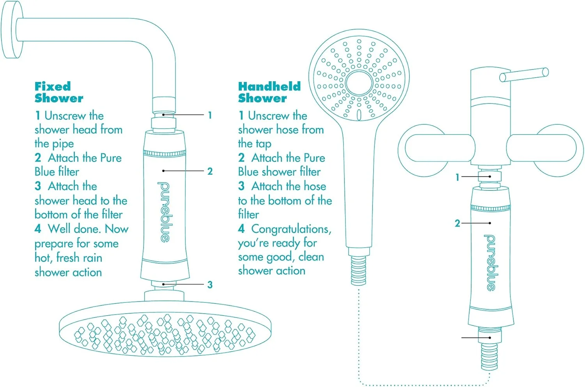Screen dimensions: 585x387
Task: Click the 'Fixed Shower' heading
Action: click(x=59, y=92)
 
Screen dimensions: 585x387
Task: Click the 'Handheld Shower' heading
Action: click(x=269, y=92)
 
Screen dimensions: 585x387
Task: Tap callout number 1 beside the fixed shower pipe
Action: click(x=210, y=115)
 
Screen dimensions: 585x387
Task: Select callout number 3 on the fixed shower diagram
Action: click(x=210, y=284)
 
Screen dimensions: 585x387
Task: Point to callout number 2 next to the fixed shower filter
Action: click(x=210, y=171)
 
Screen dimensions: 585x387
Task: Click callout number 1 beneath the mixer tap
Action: click(x=457, y=177)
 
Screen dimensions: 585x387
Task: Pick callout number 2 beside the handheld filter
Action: click(x=457, y=223)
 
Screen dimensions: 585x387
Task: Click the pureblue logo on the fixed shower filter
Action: click(x=164, y=212)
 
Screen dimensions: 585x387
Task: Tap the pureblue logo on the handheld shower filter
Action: click(x=491, y=263)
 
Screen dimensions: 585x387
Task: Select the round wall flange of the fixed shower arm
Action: click(x=12, y=29)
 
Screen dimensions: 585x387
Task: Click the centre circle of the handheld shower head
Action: click(x=359, y=83)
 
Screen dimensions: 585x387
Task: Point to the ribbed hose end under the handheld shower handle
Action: click(x=358, y=270)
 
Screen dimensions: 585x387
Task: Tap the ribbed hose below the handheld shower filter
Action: click(x=489, y=357)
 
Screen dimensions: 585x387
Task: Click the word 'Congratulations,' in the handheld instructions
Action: click(x=291, y=229)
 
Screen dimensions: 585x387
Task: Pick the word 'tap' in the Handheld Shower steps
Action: click(x=264, y=144)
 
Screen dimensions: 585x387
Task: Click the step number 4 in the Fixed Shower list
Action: click(x=38, y=229)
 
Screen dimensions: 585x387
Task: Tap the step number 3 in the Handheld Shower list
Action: click(x=241, y=186)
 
